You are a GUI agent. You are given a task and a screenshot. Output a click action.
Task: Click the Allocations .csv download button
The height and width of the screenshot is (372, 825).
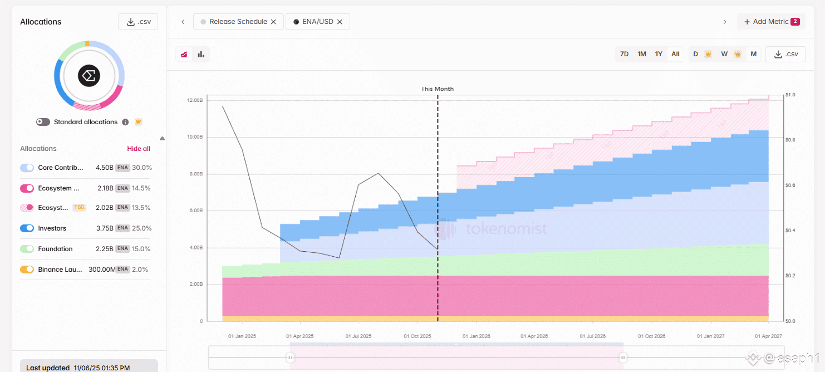point(138,22)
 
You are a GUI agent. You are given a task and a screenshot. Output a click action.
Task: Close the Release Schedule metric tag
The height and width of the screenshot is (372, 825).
point(273,22)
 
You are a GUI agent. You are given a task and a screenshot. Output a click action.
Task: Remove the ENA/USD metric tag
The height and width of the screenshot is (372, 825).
point(340,22)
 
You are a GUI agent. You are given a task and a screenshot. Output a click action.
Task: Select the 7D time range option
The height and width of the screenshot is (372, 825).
point(624,54)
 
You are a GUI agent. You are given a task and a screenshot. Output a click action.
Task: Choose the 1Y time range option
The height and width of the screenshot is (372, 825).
point(659,54)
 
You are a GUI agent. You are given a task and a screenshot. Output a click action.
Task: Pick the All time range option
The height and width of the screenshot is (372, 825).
point(675,54)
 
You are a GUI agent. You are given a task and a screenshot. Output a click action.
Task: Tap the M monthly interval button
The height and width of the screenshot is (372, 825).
point(754,54)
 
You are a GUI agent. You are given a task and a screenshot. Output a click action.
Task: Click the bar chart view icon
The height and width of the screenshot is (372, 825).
point(201,54)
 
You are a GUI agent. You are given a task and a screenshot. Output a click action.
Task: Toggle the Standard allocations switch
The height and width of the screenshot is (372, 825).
point(43,122)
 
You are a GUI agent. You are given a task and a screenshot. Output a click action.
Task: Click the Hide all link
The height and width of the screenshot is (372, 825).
point(139,149)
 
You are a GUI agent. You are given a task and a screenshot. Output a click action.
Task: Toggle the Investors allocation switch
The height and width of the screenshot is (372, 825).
point(27,228)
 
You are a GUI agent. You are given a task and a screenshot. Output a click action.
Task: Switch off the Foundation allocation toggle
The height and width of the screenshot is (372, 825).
point(27,249)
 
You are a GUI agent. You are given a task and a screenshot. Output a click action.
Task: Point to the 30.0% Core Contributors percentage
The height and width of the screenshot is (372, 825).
point(142,168)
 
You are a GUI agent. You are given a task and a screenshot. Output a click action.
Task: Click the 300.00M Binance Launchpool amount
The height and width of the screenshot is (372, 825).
point(102,270)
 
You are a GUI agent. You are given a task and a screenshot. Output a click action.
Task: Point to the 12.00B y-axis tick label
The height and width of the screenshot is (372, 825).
point(195,100)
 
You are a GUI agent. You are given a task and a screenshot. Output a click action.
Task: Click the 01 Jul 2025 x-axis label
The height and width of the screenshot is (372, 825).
point(359,336)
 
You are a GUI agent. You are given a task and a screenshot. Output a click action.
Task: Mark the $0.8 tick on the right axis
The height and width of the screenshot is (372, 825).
point(790,140)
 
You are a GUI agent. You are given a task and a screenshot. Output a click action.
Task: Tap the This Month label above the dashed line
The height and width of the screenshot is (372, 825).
point(438,89)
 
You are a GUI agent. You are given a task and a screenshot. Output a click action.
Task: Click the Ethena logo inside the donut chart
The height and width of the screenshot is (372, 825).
point(89,76)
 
